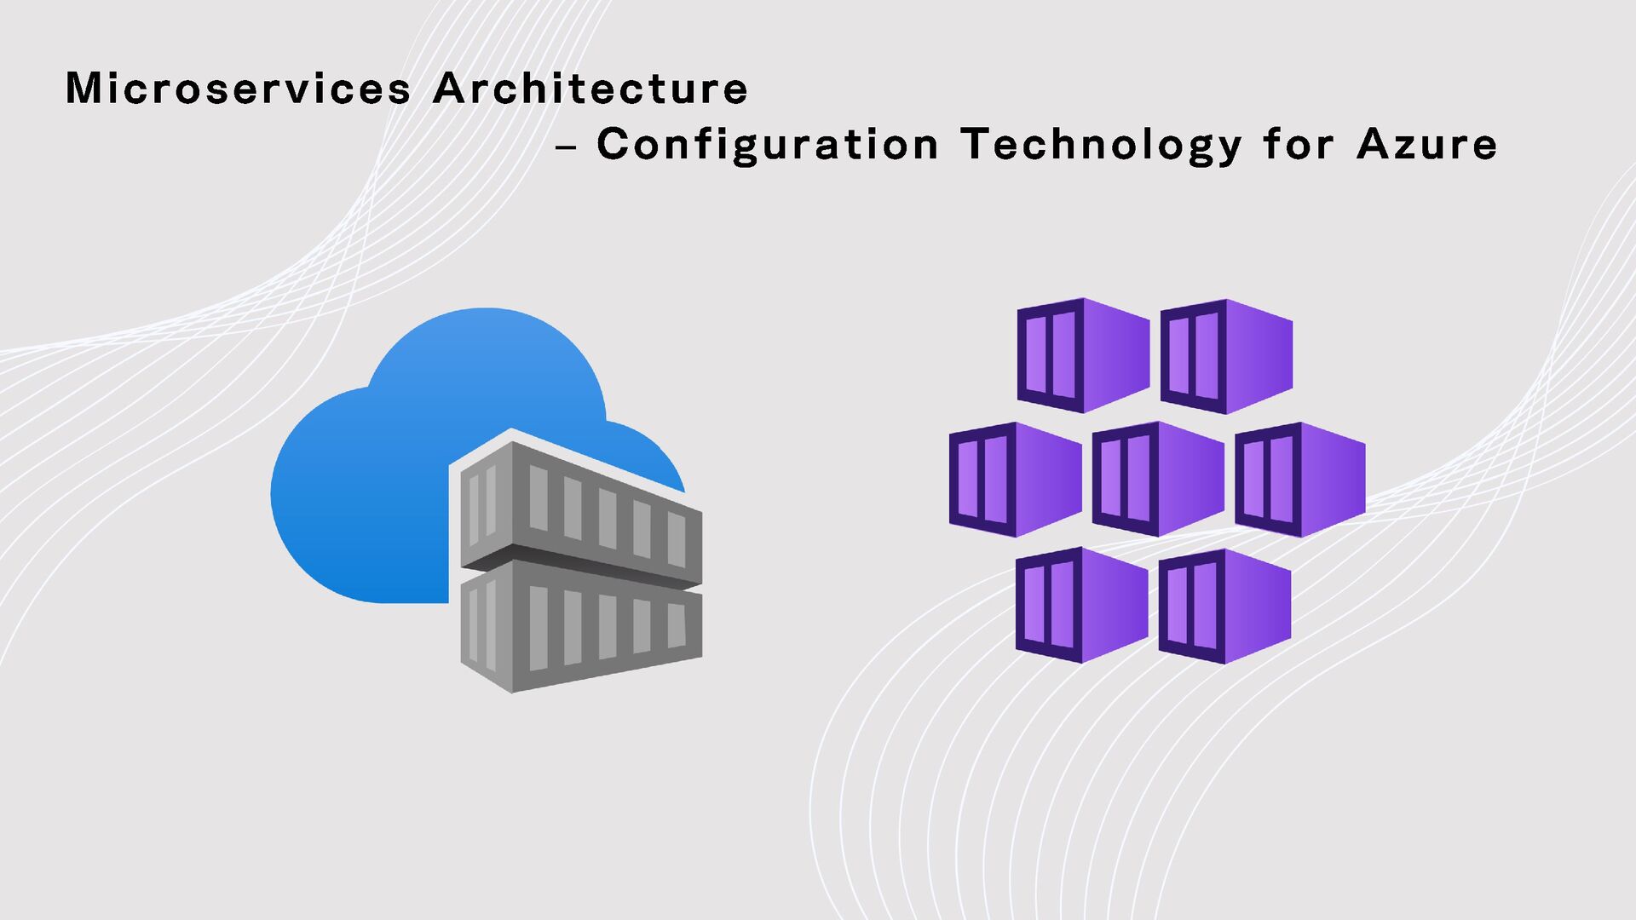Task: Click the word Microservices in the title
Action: tap(238, 89)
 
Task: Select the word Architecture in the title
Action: tap(590, 89)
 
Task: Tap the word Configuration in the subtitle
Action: tap(767, 144)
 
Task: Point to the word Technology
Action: tap(1101, 145)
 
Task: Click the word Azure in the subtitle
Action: tap(1426, 144)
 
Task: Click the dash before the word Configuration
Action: tap(565, 147)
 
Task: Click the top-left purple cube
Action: tap(1083, 356)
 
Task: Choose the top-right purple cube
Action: tap(1226, 356)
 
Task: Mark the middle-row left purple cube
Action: tap(1015, 480)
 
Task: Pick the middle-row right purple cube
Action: tap(1300, 479)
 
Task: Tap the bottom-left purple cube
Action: tap(1081, 605)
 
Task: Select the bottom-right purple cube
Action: tap(1224, 606)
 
